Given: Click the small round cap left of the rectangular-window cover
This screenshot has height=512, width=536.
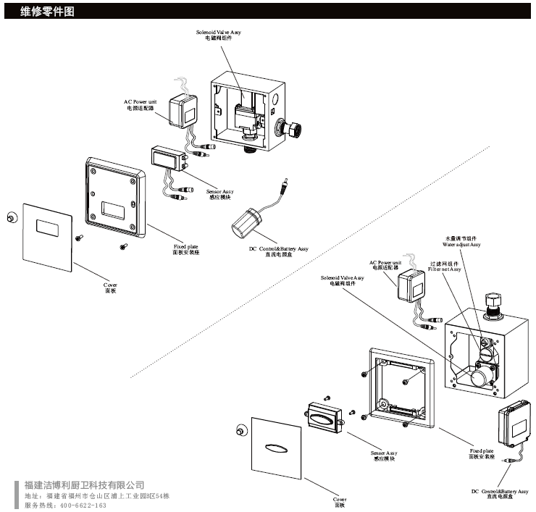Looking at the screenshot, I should (x=11, y=218).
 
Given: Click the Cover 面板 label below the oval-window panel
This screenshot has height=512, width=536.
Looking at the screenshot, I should (x=339, y=503).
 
